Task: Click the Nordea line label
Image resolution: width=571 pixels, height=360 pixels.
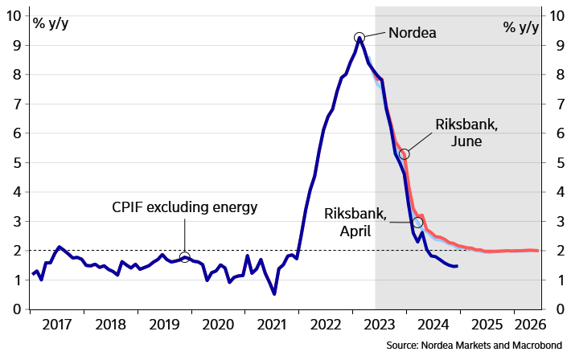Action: click(413, 34)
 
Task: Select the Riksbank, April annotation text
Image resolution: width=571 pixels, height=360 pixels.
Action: click(355, 222)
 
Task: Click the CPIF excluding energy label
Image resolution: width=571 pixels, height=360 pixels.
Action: click(185, 208)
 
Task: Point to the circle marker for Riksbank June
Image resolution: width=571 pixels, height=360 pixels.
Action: click(405, 153)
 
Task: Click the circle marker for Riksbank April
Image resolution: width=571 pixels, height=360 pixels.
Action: click(417, 223)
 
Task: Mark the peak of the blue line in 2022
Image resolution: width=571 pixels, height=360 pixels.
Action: click(359, 37)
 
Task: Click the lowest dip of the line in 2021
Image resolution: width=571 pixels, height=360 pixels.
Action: click(274, 294)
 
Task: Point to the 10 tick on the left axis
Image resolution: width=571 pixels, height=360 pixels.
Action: click(14, 15)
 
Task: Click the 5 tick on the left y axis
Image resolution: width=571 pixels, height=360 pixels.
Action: click(16, 162)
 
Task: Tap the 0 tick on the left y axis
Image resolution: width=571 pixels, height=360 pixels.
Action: click(16, 309)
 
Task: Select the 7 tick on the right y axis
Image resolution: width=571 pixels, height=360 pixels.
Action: click(554, 104)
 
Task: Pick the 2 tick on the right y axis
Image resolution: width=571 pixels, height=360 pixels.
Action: click(554, 251)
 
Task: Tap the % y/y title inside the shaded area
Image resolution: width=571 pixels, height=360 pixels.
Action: click(521, 27)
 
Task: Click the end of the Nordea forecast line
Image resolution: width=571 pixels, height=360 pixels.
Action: click(457, 266)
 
